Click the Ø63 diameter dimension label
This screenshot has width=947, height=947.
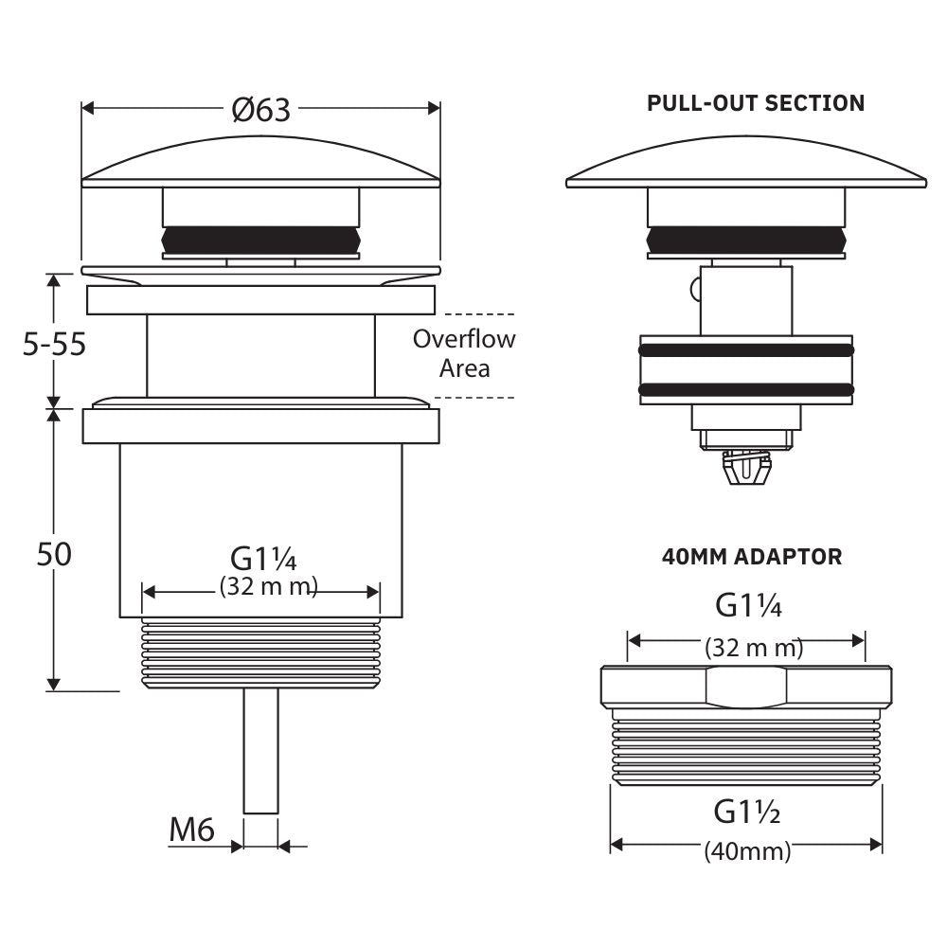[x=260, y=111]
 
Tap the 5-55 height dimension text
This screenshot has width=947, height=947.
[x=54, y=344]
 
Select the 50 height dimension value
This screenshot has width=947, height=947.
[x=54, y=554]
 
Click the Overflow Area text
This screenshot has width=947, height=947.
[x=464, y=352]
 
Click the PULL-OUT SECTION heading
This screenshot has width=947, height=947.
[x=756, y=103]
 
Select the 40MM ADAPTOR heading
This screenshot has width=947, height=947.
[x=752, y=557]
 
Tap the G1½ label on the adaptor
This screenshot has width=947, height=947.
[x=746, y=813]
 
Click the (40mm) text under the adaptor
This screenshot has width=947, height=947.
[x=747, y=851]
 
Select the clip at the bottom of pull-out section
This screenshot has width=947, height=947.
[x=746, y=467]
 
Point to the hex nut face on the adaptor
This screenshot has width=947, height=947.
[x=748, y=687]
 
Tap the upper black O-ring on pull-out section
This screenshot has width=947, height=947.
[x=746, y=350]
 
